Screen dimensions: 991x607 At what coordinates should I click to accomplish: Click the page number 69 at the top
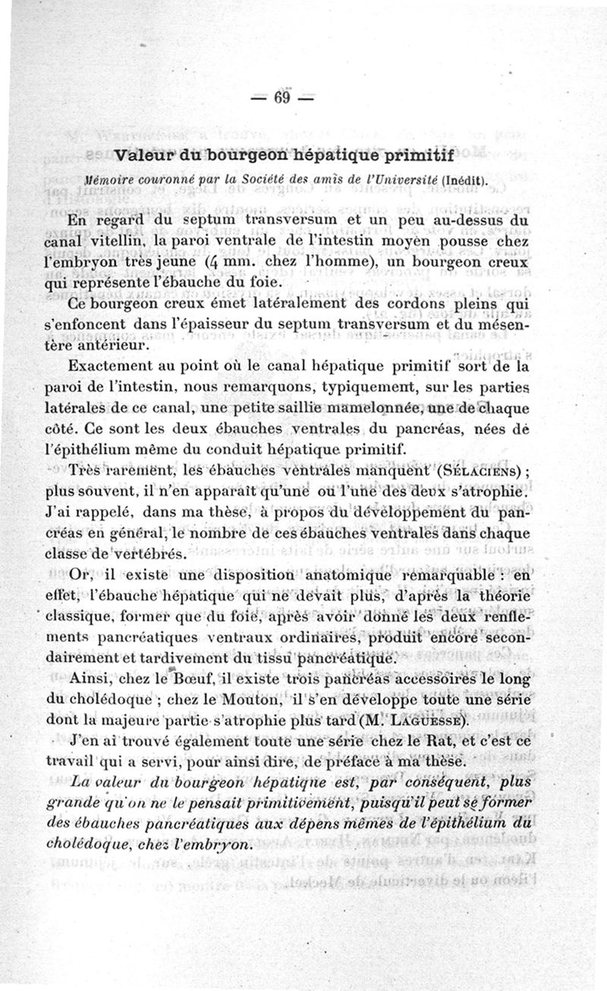pos(283,98)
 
